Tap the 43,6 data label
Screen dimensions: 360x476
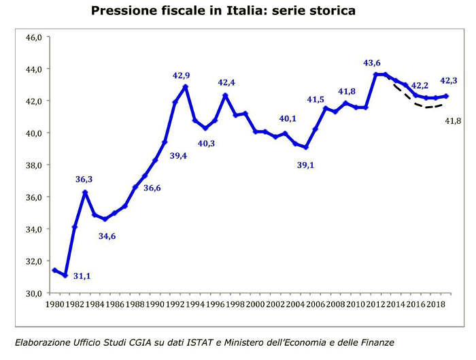[x=372, y=63]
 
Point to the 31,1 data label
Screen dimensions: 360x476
[x=82, y=276]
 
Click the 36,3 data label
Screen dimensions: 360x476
[x=84, y=180]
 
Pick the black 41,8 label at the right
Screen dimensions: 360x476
[x=453, y=120]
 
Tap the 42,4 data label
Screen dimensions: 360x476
[x=226, y=83]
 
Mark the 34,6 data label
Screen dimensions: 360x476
[x=106, y=236]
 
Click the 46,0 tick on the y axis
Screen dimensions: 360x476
[x=34, y=37]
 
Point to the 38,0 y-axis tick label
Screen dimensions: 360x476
[x=34, y=165]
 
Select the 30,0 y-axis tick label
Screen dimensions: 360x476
[x=34, y=293]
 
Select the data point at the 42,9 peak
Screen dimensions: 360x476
[x=185, y=87]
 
